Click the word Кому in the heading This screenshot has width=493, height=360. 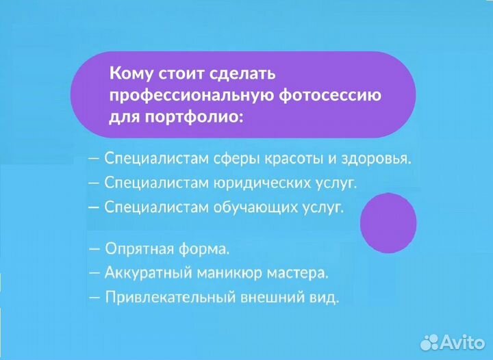tap(130, 72)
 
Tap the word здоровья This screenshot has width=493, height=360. tap(375, 159)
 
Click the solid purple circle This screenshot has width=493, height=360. tap(388, 221)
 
